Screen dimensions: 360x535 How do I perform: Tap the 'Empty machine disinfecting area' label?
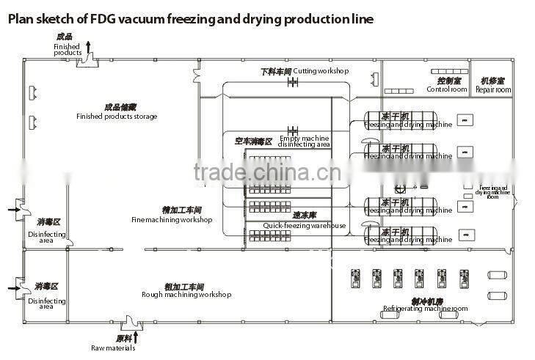pyautogui.click(x=303, y=142)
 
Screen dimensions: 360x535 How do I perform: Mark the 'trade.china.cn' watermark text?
pyautogui.click(x=267, y=173)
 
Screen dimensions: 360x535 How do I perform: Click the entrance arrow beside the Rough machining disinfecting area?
pyautogui.click(x=13, y=287)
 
